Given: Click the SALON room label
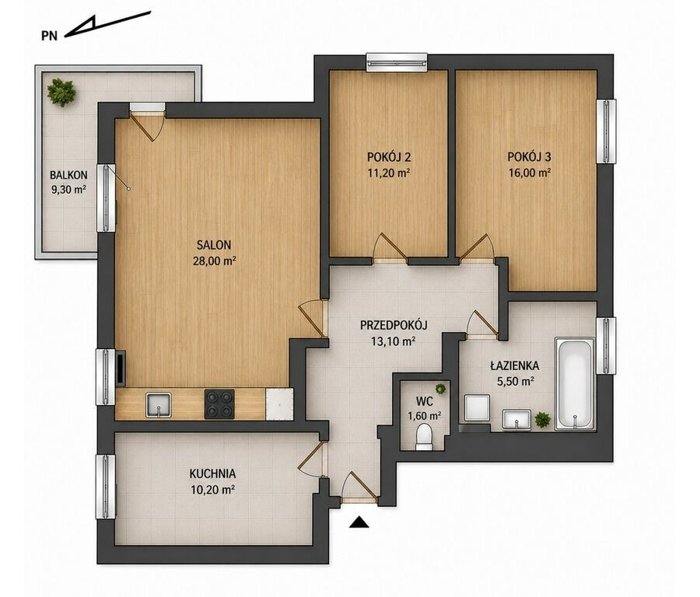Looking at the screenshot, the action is click(x=214, y=245).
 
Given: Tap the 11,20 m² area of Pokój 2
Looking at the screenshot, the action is click(x=388, y=173).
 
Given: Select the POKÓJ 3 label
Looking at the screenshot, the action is click(x=529, y=156).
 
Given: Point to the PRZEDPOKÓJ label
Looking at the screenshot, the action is click(x=394, y=325).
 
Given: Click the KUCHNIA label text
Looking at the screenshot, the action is click(x=212, y=473).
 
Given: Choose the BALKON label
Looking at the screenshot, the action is click(x=68, y=175).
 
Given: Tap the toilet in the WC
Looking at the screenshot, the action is click(x=424, y=437).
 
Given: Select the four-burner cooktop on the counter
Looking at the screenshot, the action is click(x=219, y=403).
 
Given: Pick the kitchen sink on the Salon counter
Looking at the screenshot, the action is click(x=159, y=405).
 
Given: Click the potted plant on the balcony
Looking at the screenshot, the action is click(x=61, y=93).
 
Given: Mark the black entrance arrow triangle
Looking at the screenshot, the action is click(x=359, y=522).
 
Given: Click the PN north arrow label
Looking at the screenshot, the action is click(x=50, y=36).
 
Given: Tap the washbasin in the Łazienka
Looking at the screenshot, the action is click(x=516, y=420).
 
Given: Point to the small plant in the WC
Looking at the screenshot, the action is click(x=441, y=389).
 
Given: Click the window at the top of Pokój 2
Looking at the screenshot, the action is click(x=397, y=62).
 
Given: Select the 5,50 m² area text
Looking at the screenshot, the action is click(x=516, y=382).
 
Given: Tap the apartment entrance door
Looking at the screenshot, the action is click(x=360, y=487).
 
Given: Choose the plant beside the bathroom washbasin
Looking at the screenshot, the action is click(x=542, y=420).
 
